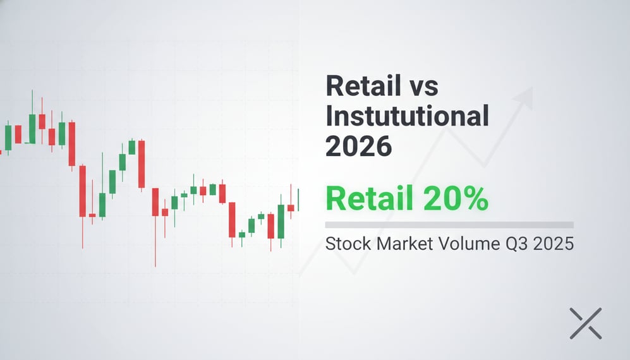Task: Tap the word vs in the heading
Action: point(421,87)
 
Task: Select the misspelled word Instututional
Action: point(407,117)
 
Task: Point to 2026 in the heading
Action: point(358,147)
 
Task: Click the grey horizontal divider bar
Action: point(449,225)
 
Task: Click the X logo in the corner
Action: point(585,323)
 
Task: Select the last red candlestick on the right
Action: point(291,207)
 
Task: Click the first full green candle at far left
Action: point(8,137)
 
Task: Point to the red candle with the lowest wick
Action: point(155,202)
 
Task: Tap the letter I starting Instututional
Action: point(329,117)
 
